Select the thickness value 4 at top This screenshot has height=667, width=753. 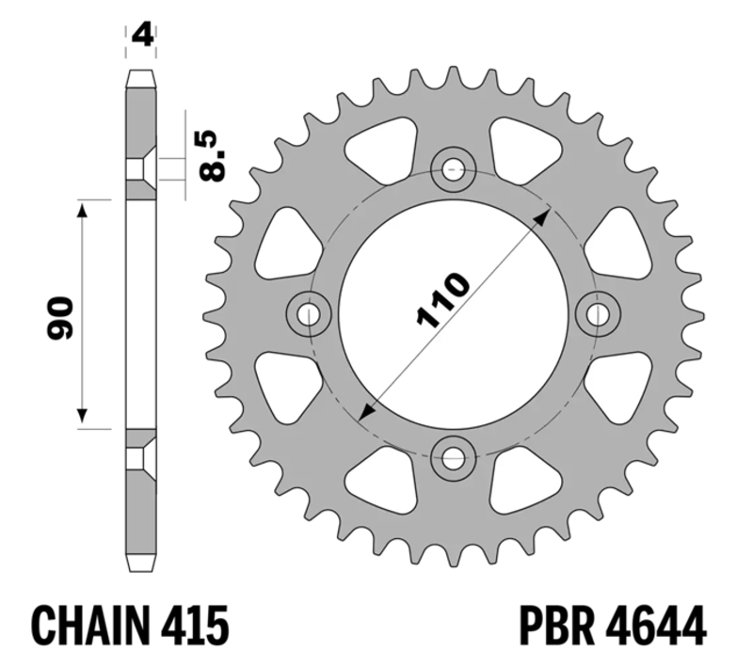tap(142, 36)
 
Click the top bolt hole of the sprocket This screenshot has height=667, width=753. tap(453, 170)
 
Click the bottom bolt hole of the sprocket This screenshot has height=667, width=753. tap(453, 461)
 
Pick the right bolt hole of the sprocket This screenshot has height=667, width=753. tap(598, 315)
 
